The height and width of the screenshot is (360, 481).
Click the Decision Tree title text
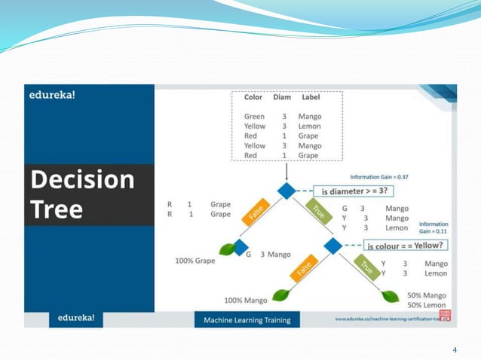[81, 194]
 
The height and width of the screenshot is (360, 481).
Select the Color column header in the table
[253, 97]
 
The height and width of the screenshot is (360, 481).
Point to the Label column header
[311, 97]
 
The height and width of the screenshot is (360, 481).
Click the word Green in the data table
[255, 117]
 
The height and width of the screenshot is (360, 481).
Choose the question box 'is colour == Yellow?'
[405, 246]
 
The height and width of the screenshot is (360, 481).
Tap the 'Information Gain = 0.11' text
[434, 228]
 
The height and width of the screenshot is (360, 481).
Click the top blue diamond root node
[285, 191]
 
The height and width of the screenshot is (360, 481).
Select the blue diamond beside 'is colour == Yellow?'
[332, 246]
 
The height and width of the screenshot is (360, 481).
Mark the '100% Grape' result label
[195, 261]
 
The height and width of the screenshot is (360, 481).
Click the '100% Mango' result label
[247, 301]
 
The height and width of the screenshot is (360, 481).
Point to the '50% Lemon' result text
[427, 305]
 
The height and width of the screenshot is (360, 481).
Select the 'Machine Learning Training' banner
[247, 320]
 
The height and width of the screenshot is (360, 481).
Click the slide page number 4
[455, 349]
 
